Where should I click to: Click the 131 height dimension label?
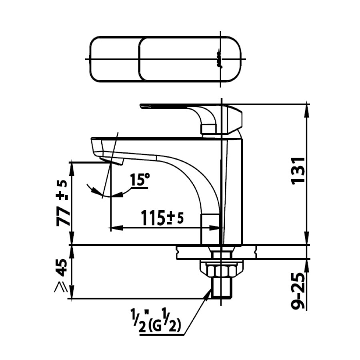click(x=300, y=170)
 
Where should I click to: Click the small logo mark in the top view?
click(x=218, y=59)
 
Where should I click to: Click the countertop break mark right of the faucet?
click(x=255, y=252)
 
